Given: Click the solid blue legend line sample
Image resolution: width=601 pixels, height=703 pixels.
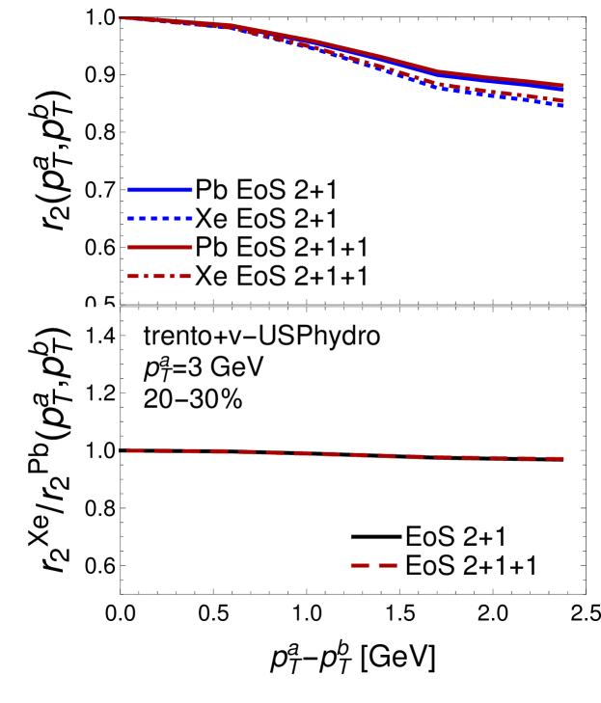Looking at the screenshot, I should click(160, 190).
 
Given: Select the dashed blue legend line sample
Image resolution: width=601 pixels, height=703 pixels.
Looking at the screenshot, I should click(160, 219).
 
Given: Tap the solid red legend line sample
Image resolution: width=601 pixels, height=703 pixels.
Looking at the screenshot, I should click(160, 248).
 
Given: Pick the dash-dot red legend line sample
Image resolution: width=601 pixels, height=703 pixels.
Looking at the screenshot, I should click(160, 277).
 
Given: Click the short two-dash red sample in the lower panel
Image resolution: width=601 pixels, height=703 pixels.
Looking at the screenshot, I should click(373, 566).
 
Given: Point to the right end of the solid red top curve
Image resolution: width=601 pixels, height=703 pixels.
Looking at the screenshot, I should click(562, 85).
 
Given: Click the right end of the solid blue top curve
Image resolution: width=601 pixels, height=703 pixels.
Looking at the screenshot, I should click(562, 90).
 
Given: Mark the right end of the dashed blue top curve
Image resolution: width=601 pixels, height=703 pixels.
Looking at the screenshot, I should click(561, 105).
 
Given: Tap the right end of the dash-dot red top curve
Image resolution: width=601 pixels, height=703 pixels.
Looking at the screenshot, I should click(561, 99).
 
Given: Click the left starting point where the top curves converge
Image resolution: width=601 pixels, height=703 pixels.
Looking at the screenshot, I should click(122, 18).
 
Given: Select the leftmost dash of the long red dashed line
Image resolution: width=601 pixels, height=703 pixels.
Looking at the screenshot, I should click(135, 450).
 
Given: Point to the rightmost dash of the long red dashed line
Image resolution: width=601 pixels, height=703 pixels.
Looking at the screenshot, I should click(555, 459).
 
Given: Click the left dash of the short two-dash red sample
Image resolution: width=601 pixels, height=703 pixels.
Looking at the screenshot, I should click(360, 566).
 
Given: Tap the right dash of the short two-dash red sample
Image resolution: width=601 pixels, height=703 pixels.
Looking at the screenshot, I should click(387, 566).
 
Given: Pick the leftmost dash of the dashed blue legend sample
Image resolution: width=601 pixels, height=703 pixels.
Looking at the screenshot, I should click(131, 219).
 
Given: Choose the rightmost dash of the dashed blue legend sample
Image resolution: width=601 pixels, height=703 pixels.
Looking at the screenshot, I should click(188, 219).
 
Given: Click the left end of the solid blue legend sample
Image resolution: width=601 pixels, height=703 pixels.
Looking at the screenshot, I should click(129, 190).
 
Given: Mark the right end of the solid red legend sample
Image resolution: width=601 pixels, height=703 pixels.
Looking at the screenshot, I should click(191, 248).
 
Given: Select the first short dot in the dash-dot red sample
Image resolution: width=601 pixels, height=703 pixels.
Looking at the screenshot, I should click(147, 277).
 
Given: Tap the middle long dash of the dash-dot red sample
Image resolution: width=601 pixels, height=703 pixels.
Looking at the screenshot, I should click(158, 277).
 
